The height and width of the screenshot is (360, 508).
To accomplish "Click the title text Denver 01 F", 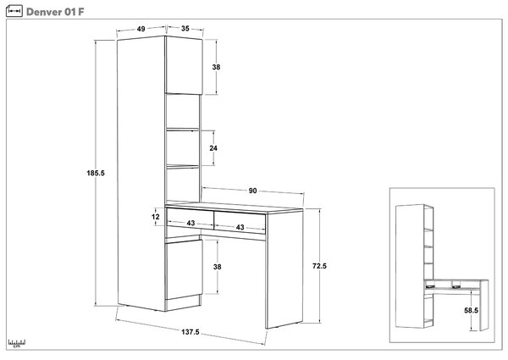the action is click(x=55, y=12).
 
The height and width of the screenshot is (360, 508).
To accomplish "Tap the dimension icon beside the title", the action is click(x=14, y=11).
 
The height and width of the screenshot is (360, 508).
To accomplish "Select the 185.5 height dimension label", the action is click(x=96, y=173).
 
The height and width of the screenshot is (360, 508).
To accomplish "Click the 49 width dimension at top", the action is click(x=141, y=29).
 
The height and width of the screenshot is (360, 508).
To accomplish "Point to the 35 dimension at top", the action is click(x=185, y=29).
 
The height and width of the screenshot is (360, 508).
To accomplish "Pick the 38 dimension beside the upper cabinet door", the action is click(x=216, y=67).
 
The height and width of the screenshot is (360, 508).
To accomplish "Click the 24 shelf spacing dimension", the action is click(x=213, y=148).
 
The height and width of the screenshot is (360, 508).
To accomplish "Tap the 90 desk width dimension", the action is click(x=252, y=191).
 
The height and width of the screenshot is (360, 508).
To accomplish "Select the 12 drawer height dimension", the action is click(x=156, y=217).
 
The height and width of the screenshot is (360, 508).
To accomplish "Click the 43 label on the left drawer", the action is click(x=190, y=223).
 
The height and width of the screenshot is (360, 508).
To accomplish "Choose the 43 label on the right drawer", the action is click(x=240, y=227).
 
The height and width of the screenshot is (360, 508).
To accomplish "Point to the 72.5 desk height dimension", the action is click(x=319, y=266).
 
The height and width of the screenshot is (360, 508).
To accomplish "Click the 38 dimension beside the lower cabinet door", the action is click(x=217, y=267).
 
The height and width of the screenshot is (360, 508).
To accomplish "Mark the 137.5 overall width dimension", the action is click(x=190, y=332).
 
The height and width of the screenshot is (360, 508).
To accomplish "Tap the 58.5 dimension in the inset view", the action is click(x=471, y=310).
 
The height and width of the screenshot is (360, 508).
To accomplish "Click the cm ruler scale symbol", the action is click(x=17, y=343).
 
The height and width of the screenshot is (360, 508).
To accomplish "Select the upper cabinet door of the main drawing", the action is click(x=184, y=65).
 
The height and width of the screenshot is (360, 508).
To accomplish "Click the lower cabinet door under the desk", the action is click(x=184, y=269).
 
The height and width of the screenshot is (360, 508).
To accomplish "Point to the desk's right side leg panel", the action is click(x=284, y=269).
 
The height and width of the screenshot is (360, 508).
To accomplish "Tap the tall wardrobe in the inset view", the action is click(x=410, y=266).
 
